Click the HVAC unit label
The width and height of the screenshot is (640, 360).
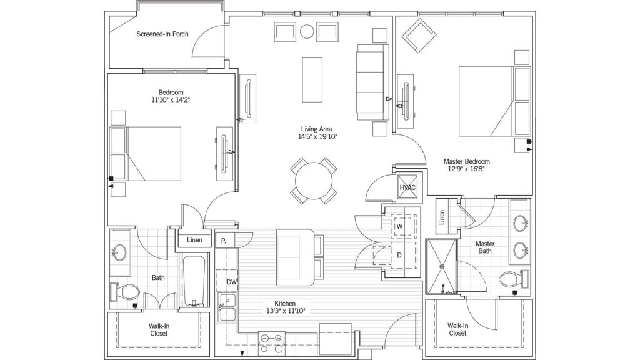pos(407,187)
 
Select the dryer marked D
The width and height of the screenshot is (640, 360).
pos(399,256)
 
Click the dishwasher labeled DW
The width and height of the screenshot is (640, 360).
pos(231,282)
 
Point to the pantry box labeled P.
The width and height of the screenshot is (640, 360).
pos(224,241)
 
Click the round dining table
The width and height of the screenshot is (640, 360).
pos(314,181)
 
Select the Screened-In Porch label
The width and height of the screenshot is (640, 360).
pos(162,34)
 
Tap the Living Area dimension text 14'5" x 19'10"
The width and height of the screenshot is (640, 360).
pos(317,137)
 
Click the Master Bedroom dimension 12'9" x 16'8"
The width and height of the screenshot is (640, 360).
pos(466,169)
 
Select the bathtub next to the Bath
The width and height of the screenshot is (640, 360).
pos(193,281)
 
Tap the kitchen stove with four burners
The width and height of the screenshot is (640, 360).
pos(272,344)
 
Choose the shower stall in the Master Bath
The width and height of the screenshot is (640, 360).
pos(441,266)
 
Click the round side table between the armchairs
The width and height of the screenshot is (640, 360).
pos(307,31)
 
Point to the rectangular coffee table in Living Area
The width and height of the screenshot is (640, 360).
pos(312,79)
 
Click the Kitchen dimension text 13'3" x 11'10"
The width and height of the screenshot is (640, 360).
pos(285,311)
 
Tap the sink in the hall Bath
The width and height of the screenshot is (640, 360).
pos(119,252)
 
